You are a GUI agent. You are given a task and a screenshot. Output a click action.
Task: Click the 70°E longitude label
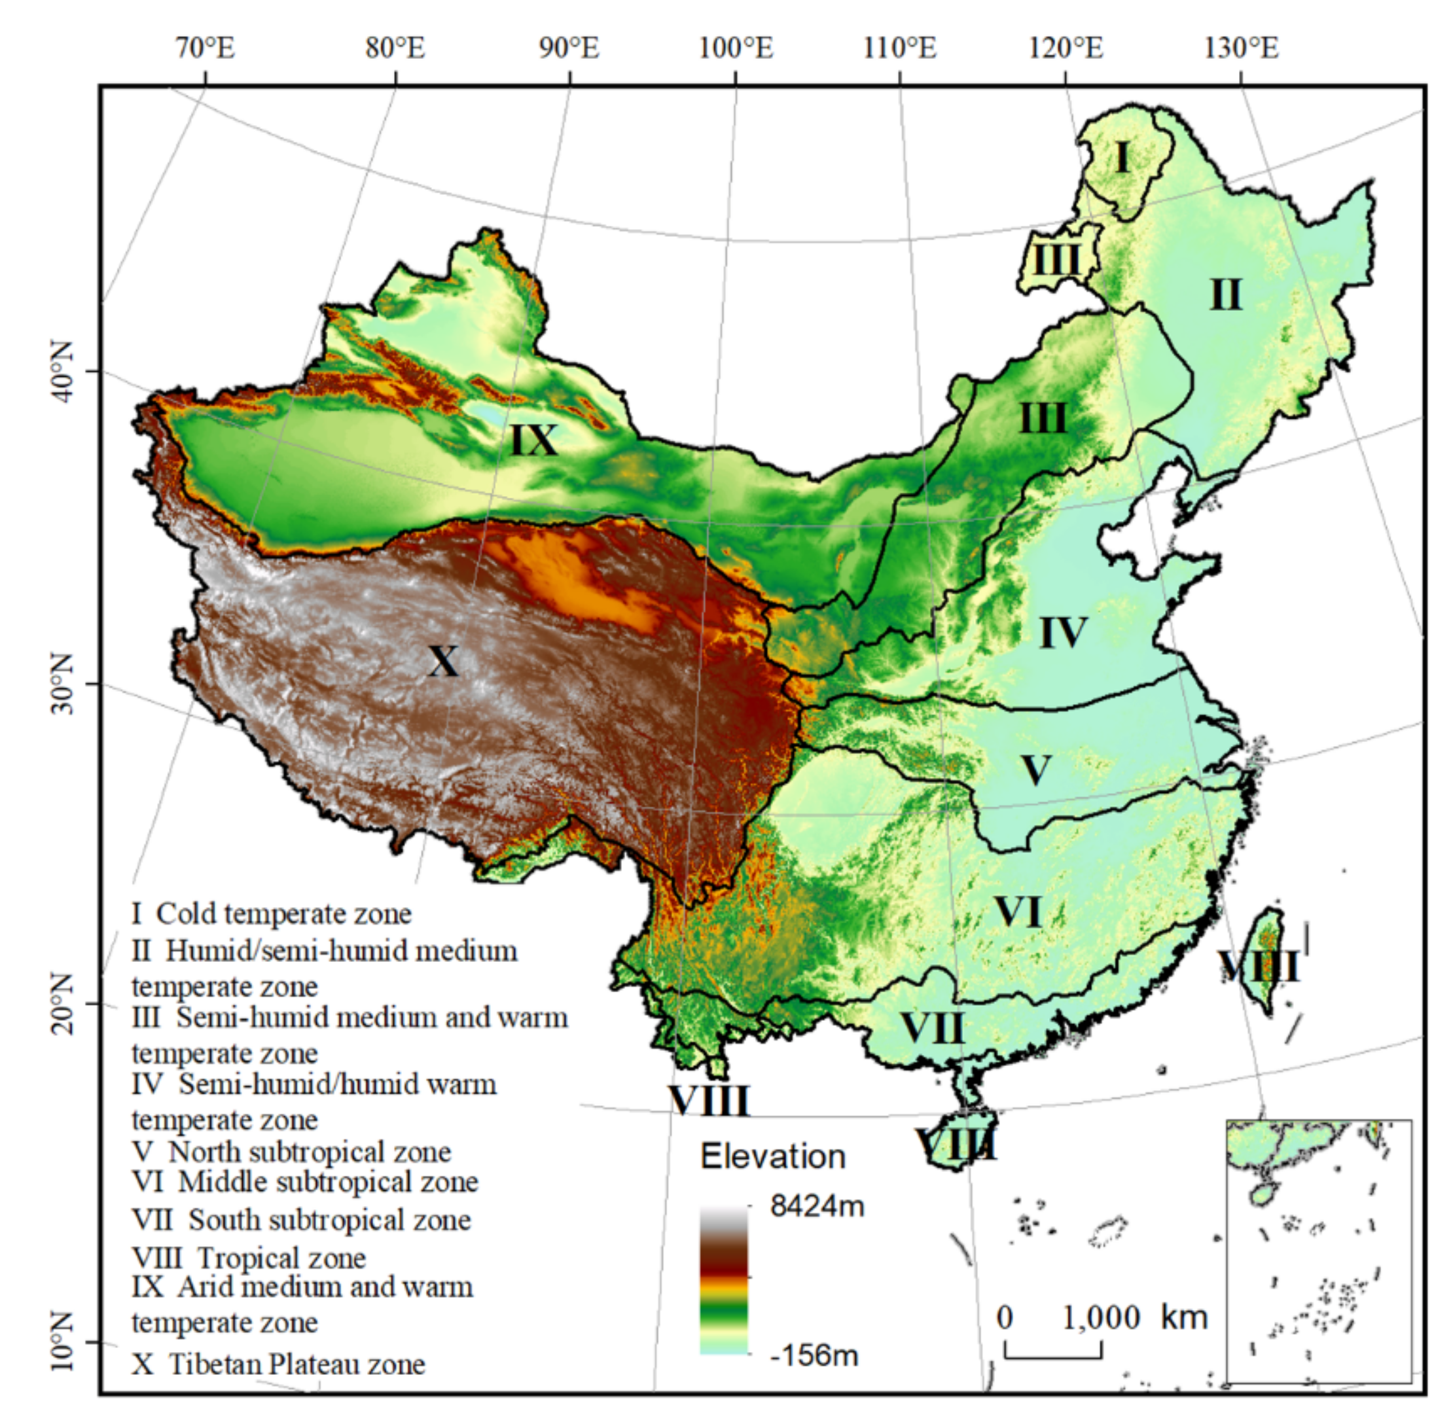(x=206, y=48)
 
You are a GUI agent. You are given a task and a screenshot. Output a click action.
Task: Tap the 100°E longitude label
(x=736, y=48)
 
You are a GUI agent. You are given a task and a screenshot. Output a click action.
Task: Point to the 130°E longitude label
(x=1242, y=48)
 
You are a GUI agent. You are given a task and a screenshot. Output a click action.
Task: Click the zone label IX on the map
(x=534, y=440)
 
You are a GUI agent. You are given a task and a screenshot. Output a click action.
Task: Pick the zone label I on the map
(x=1121, y=158)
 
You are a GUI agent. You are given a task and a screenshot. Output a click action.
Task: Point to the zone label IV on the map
(x=1064, y=633)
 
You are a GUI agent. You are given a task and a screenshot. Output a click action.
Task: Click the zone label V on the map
(x=1035, y=770)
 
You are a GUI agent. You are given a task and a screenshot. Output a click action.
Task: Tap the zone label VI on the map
(x=1018, y=912)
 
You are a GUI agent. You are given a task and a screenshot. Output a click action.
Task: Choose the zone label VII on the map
(x=932, y=1028)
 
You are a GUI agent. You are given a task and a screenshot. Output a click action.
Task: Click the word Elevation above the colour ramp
(x=772, y=1157)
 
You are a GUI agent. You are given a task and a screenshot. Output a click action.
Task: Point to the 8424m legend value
(x=817, y=1205)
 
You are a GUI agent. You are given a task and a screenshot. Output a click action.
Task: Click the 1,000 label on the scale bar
(x=1101, y=1317)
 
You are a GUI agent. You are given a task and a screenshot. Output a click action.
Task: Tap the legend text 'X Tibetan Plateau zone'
(x=278, y=1363)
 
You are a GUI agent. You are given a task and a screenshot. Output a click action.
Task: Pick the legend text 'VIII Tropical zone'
(x=249, y=1258)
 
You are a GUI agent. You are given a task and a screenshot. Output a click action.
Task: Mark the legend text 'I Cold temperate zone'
(x=272, y=913)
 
